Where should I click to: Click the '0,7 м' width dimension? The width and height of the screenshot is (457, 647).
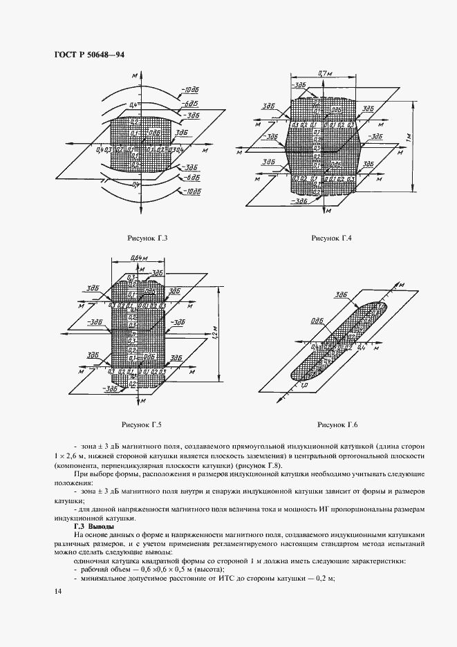321,73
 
